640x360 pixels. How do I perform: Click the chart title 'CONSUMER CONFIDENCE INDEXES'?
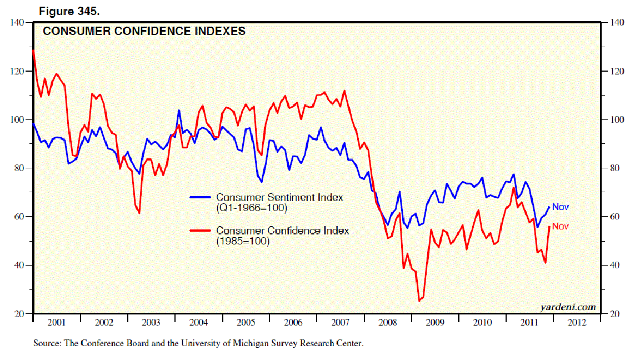[x=144, y=32]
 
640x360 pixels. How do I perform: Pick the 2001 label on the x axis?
[x=57, y=323]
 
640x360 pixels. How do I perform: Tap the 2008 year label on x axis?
[x=388, y=323]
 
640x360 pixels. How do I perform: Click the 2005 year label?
[x=246, y=323]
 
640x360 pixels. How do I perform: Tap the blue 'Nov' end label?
[x=561, y=207]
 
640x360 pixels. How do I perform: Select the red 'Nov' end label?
[x=561, y=226]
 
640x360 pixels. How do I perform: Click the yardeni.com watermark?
[x=567, y=307]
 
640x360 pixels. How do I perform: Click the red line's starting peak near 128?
[x=34, y=51]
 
